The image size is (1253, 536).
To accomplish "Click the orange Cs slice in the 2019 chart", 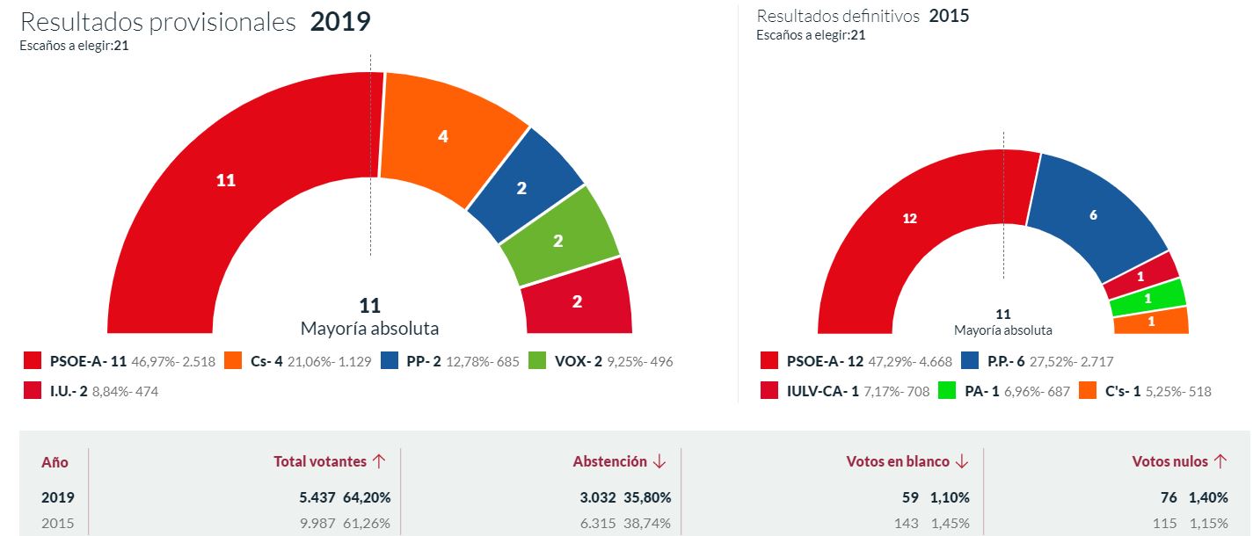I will click(x=444, y=136).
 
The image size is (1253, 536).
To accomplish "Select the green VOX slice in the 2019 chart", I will click(x=557, y=241).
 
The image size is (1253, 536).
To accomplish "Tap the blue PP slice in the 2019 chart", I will click(x=521, y=187).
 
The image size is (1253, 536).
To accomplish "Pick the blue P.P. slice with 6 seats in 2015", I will click(x=1093, y=215).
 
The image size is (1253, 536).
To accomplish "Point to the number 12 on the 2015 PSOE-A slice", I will click(x=910, y=218).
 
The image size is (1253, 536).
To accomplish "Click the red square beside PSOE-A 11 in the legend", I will click(x=33, y=361).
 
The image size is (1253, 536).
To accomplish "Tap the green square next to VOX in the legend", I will click(x=537, y=361).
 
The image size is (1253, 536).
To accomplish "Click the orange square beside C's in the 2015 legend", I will click(x=1086, y=391).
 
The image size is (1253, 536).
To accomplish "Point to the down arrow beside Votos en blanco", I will click(x=962, y=461).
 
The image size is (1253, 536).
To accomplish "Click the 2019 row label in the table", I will click(x=58, y=497).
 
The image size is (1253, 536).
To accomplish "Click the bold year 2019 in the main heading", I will click(x=340, y=22).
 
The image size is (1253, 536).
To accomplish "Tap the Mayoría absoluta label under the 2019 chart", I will click(x=369, y=329).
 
